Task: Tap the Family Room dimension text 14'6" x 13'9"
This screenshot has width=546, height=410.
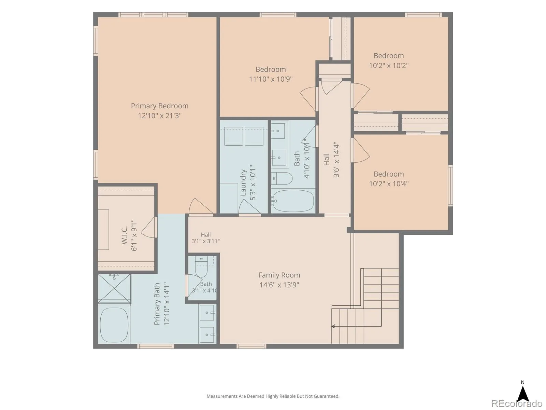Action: [279, 285]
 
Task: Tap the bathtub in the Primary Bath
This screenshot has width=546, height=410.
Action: [114, 325]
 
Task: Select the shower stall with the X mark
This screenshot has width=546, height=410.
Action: [114, 289]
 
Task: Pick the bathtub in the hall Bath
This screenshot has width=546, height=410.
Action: [293, 201]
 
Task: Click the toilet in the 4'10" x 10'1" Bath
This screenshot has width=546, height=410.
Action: [282, 178]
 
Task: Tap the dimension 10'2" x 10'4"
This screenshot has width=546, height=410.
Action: [389, 184]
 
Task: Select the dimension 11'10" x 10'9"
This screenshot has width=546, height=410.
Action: [271, 79]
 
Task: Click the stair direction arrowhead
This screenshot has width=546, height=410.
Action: [333, 326]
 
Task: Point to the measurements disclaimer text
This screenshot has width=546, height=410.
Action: [273, 396]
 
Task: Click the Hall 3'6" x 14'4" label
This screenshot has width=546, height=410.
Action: [331, 160]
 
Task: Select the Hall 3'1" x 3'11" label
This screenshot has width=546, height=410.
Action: [206, 238]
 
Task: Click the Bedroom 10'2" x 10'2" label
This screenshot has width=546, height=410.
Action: [389, 60]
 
